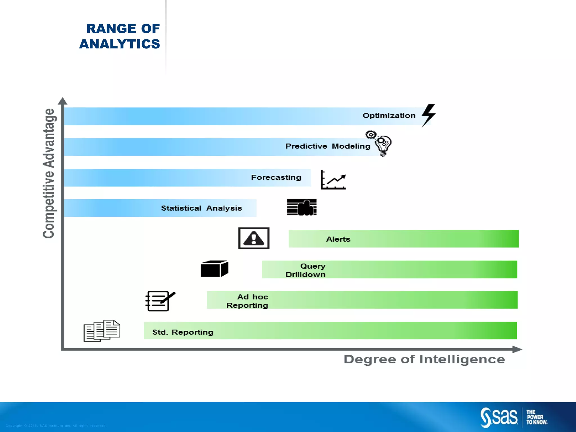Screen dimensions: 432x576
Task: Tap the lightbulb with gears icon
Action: pos(380,143)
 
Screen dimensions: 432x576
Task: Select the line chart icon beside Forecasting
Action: pos(333,180)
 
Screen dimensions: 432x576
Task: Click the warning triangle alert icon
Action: pos(254,238)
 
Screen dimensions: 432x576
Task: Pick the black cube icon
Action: pos(214,269)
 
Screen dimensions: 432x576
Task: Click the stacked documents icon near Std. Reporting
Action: pos(102,331)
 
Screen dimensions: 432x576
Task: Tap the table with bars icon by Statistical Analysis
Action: pos(302,207)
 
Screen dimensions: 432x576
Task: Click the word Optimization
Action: pos(389,116)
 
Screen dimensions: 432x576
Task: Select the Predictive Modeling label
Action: pos(328,146)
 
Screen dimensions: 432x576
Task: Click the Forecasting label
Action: pos(276,177)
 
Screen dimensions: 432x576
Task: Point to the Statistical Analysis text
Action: pos(201,208)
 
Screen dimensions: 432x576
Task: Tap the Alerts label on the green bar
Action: pos(338,239)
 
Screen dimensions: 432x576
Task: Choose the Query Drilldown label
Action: pos(306,270)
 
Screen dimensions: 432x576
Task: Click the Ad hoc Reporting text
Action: pos(247,301)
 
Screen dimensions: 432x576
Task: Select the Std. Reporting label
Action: pos(183,332)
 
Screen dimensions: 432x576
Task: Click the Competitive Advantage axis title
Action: pos(49,173)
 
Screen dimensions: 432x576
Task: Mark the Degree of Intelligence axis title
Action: pos(424,359)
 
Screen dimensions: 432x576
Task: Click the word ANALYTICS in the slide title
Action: pos(120,44)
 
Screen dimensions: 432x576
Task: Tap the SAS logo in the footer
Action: pos(499,417)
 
